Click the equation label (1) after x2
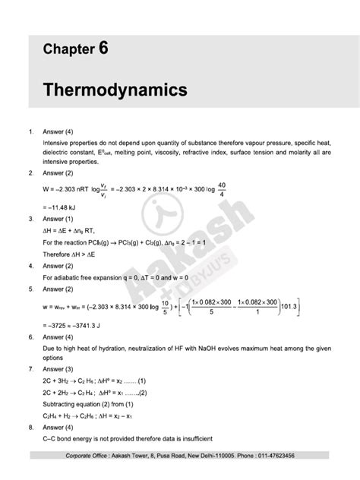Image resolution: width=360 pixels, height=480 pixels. point(143,380)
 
